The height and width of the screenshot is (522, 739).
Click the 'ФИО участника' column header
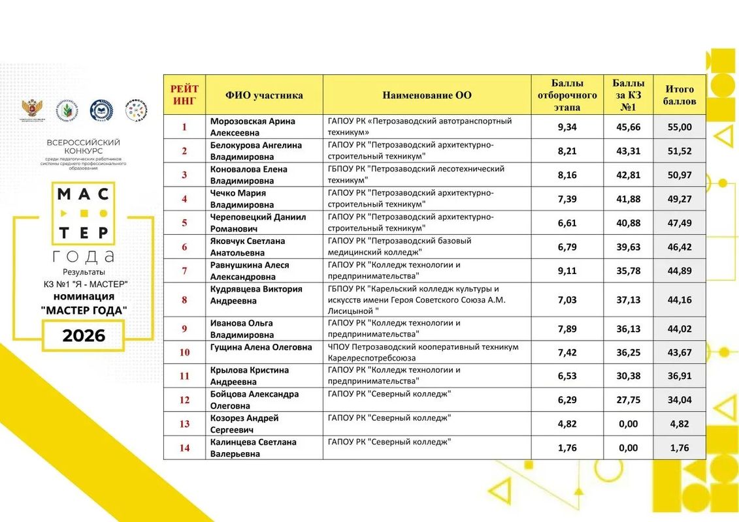pos(264,95)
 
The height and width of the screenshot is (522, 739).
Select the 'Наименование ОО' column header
pos(427,95)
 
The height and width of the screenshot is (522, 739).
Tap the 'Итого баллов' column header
pos(680,95)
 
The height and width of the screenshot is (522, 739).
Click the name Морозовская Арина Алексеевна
pos(252,127)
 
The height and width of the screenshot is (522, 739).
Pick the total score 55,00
pos(680,127)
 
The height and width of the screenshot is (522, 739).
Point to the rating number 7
pos(184,271)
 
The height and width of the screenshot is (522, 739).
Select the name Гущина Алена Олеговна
pos(261,347)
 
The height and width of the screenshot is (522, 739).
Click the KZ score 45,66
pos(628,127)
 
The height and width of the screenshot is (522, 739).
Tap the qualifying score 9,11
pos(567,271)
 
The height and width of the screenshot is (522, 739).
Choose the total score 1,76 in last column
pos(680,448)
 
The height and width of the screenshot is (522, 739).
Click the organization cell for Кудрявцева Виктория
pos(427,300)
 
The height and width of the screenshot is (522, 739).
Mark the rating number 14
pos(184,448)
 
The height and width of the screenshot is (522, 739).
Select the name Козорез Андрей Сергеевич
pos(244,423)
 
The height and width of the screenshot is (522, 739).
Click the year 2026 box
pos(84,335)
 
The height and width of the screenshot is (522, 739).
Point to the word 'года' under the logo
pos(84,256)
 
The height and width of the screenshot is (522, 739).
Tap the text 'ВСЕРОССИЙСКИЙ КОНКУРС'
pos(84,147)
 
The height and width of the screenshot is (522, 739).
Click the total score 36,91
pos(680,376)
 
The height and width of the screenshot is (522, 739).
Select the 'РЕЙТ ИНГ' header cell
pos(184,95)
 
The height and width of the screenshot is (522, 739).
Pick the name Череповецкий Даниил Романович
pos(257,223)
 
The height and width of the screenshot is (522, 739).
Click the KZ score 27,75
pos(628,400)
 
